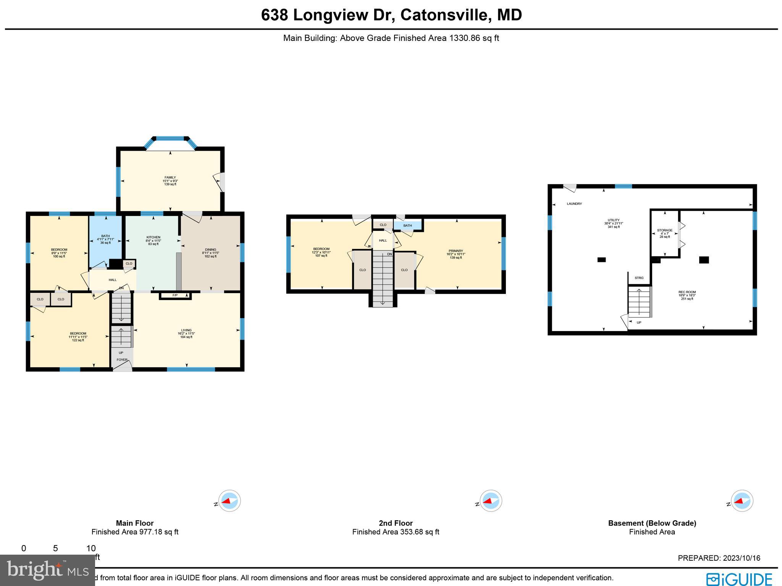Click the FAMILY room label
[x=170, y=177]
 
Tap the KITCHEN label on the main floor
[x=153, y=237]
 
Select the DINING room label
[x=210, y=250]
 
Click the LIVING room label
[x=186, y=330]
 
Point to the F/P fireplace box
[x=175, y=295]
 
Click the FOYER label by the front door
[x=122, y=360]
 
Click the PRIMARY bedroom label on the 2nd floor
[x=456, y=251]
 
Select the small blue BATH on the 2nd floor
[x=407, y=226]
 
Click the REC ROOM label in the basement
[x=687, y=292]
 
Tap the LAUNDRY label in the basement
[x=574, y=204]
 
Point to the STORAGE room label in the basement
[x=664, y=231]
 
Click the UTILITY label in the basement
[x=613, y=220]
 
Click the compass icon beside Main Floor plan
[x=229, y=501]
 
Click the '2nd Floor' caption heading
[x=396, y=523]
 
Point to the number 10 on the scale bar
[x=91, y=549]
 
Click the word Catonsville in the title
[x=445, y=15]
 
